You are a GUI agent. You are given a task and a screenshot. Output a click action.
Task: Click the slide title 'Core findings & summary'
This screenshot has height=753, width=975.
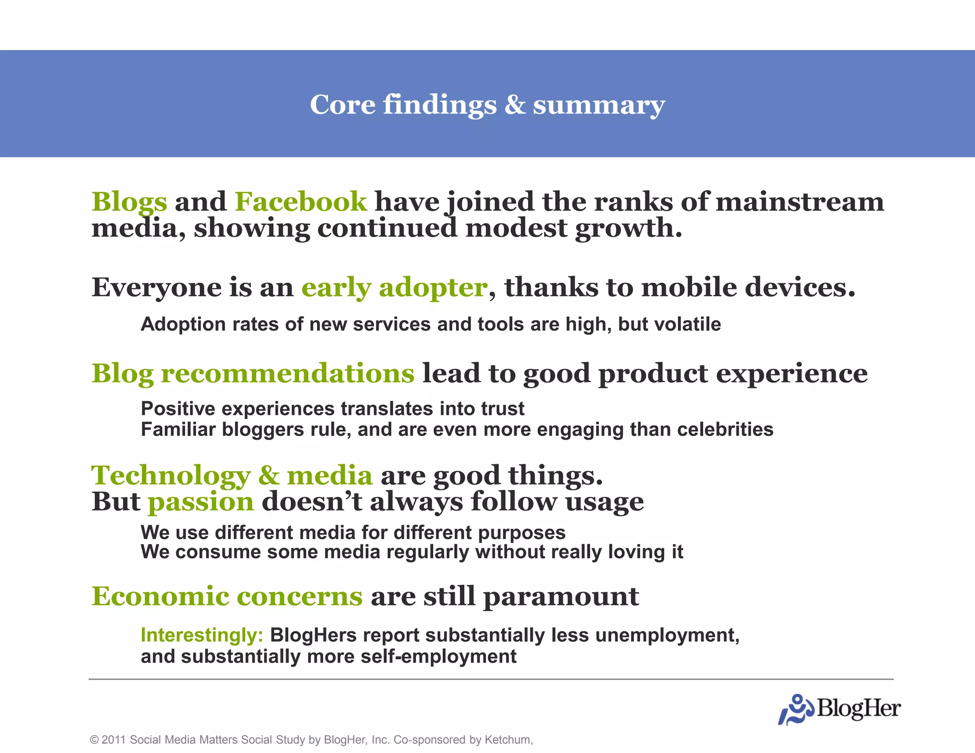coord(487,104)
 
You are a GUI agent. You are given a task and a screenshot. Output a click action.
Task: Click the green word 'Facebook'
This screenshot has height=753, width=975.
coord(301,202)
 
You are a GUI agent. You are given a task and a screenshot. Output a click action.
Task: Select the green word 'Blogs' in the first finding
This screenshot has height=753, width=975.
coord(129,202)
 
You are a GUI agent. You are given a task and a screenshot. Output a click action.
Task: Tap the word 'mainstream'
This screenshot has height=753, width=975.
coord(800,202)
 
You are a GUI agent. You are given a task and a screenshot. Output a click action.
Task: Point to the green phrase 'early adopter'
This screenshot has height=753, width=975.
coord(395,287)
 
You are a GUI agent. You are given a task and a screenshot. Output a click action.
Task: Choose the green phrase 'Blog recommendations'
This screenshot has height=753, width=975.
coord(253,373)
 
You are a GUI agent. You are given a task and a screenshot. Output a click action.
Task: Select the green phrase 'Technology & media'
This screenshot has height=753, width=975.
coord(232,476)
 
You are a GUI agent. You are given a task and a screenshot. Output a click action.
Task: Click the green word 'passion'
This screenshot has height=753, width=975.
coord(201,502)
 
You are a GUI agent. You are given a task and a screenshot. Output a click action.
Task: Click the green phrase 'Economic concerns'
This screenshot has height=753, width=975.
coord(227,596)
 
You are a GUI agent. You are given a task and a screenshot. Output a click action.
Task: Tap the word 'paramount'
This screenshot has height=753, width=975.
coord(561,596)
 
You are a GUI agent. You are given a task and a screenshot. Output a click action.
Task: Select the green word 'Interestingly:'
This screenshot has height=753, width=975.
coord(202,635)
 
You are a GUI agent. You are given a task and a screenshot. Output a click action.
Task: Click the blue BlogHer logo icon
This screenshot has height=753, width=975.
coord(796,710)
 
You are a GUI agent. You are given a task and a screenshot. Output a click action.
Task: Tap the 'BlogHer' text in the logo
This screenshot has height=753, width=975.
coord(858,709)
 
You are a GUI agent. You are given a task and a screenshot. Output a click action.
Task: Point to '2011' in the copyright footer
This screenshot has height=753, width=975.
coord(113,740)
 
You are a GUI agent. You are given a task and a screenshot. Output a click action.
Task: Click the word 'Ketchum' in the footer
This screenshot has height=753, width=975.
coord(507,740)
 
